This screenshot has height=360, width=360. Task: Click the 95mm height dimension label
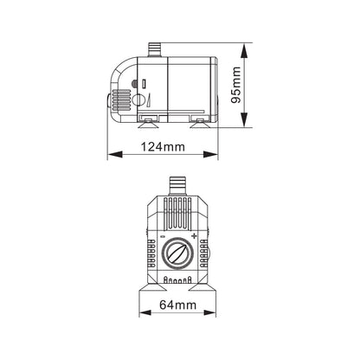click(x=236, y=85)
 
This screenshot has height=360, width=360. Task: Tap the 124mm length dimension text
click(x=163, y=147)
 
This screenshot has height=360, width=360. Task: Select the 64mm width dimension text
click(x=178, y=305)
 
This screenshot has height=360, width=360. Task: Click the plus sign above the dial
click(x=194, y=236)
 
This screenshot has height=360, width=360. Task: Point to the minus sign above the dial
click(x=163, y=236)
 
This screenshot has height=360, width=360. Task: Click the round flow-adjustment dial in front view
click(x=177, y=254)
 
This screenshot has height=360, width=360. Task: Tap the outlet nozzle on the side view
click(x=154, y=49)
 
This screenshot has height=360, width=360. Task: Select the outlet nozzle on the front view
click(x=177, y=186)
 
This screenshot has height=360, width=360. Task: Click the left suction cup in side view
click(x=148, y=124)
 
